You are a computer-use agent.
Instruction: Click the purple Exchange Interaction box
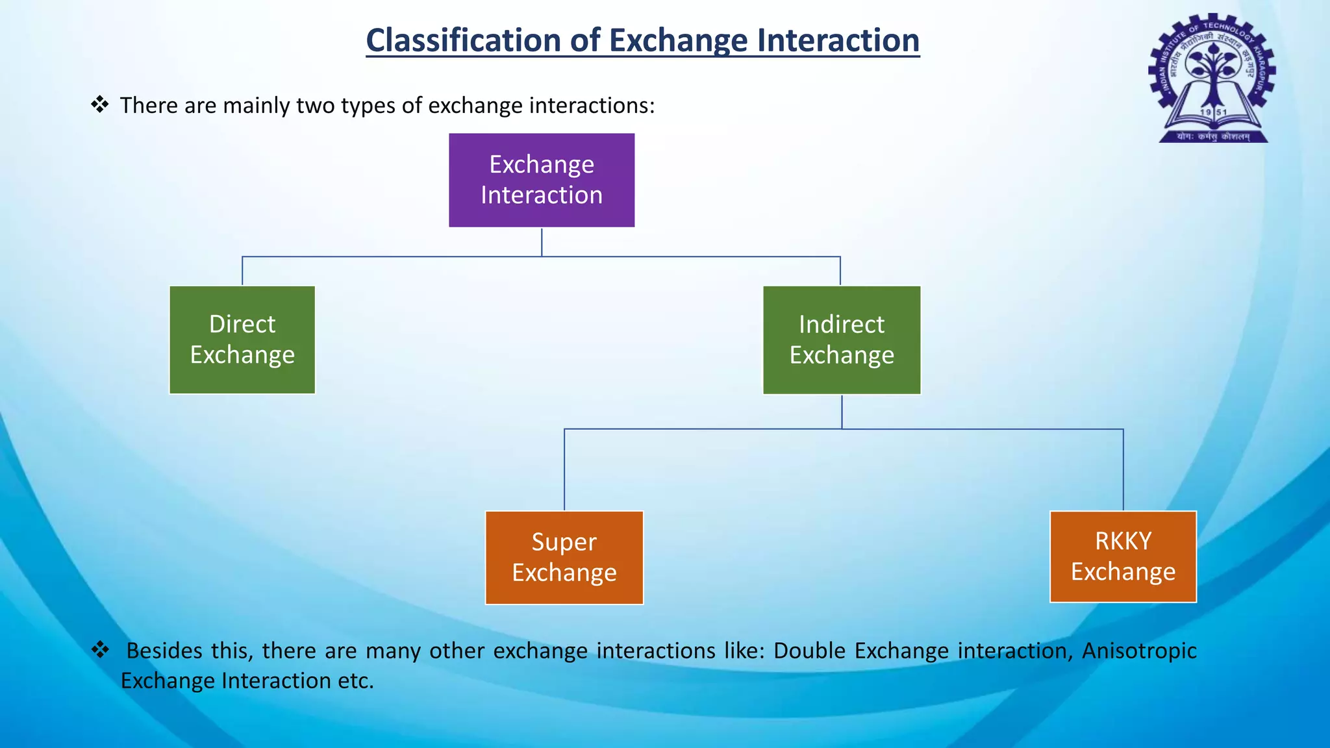coord(541,180)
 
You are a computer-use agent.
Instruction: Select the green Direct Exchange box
coord(242,340)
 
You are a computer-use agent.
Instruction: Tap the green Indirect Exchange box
coord(841,340)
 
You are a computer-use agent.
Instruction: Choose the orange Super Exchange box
coord(564,558)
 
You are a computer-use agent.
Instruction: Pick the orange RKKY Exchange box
coord(1122,556)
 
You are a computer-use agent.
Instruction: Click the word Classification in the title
coord(463,40)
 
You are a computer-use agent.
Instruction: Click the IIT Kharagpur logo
coord(1211,78)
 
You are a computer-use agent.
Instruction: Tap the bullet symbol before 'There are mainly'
coord(100,104)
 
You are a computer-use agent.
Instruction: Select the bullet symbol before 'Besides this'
coord(100,649)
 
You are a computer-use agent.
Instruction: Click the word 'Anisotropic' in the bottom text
coord(1139,651)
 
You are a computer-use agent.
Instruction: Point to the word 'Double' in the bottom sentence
coord(809,651)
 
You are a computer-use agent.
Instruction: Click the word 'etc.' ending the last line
coord(356,680)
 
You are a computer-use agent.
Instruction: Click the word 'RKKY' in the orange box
coord(1123,541)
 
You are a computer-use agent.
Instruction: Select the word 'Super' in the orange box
coord(564,542)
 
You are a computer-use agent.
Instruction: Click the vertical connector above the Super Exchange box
coord(564,471)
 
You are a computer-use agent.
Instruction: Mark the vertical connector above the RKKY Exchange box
coord(1123,471)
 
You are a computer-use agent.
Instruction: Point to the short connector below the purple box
coord(542,242)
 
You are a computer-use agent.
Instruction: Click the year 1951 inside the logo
coord(1213,112)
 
